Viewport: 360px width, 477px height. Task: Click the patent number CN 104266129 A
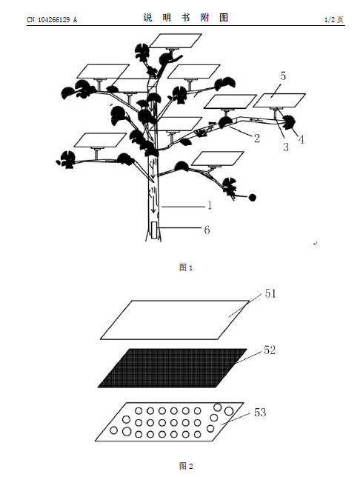point(52,20)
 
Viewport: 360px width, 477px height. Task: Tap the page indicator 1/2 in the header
point(330,20)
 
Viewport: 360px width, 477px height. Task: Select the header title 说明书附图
point(186,18)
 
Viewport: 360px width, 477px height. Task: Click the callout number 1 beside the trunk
point(210,206)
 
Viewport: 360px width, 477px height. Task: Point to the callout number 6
point(207,230)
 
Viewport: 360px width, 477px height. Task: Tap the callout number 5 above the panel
point(283,76)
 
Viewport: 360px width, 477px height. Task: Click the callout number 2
point(257,139)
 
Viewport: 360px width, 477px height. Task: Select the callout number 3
point(286,147)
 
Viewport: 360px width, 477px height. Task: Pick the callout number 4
point(301,140)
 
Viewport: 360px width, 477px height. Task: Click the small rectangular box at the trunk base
point(154,230)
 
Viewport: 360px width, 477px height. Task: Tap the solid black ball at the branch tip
point(253,198)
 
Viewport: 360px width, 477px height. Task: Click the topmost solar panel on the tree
point(176,41)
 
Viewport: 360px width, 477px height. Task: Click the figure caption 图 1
point(186,267)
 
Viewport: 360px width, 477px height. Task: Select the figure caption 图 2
point(186,466)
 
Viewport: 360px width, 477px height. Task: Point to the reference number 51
point(270,293)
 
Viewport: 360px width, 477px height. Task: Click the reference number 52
point(270,350)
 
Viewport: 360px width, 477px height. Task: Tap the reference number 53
point(260,413)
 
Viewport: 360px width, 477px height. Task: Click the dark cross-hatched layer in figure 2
point(173,368)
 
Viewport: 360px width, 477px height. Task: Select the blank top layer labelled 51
point(175,320)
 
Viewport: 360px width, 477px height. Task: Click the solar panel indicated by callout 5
point(279,101)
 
